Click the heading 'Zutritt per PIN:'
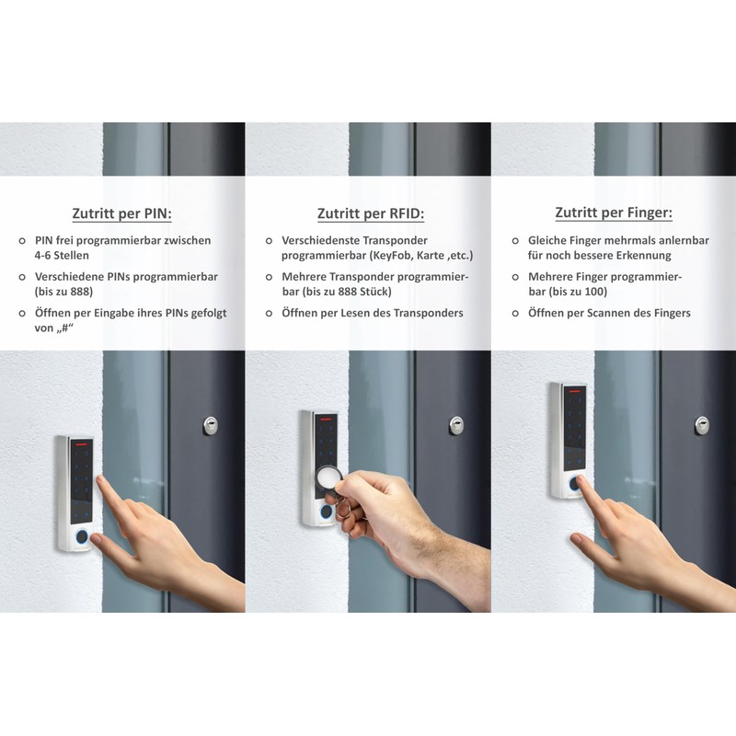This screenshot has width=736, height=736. point(122,214)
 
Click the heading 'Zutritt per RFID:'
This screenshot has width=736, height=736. point(369,214)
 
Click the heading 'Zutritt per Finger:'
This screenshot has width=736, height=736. point(614,213)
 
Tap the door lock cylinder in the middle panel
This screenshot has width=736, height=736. point(456,424)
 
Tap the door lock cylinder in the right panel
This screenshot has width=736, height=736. point(702,424)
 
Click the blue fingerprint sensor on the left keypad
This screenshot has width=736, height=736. point(81,535)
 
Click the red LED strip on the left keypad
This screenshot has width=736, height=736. point(80,443)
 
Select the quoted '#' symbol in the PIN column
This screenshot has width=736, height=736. point(64,328)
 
